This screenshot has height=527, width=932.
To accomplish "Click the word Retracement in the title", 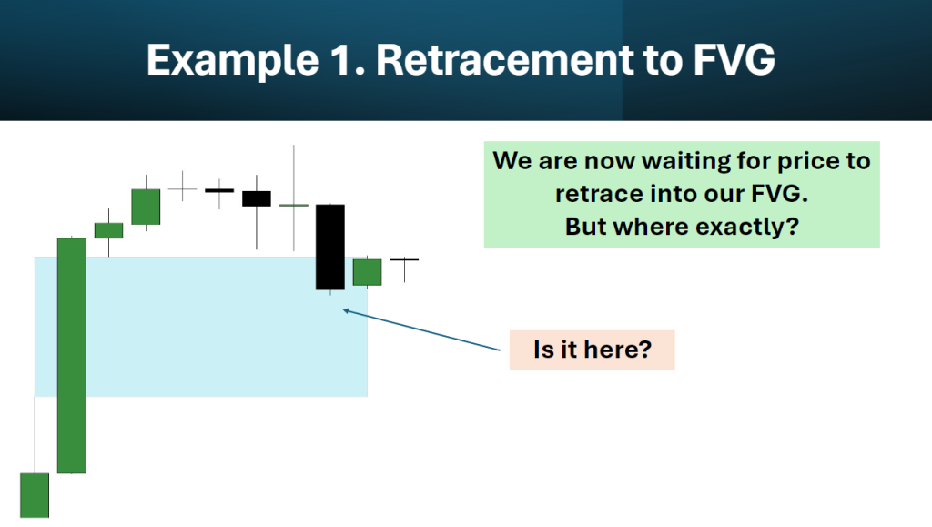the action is pyautogui.click(x=505, y=59).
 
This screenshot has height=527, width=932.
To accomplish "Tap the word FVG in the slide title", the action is pyautogui.click(x=734, y=59).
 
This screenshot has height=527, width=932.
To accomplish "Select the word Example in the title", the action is pyautogui.click(x=232, y=61).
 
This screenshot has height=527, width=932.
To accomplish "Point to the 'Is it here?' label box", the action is pyautogui.click(x=592, y=350).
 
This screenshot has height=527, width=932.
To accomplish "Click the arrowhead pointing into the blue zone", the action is pyautogui.click(x=346, y=310).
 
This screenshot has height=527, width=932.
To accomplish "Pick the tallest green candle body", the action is pyautogui.click(x=71, y=355).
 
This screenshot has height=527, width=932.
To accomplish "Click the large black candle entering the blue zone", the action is pyautogui.click(x=329, y=248).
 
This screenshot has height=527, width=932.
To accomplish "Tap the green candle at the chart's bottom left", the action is pyautogui.click(x=35, y=495).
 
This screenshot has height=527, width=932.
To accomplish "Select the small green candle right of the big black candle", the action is pyautogui.click(x=368, y=272).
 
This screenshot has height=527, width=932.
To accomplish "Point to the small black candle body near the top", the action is pyautogui.click(x=256, y=198).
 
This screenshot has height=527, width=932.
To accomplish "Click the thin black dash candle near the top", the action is pyautogui.click(x=219, y=191).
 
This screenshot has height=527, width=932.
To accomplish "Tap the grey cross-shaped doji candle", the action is pyautogui.click(x=182, y=189).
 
